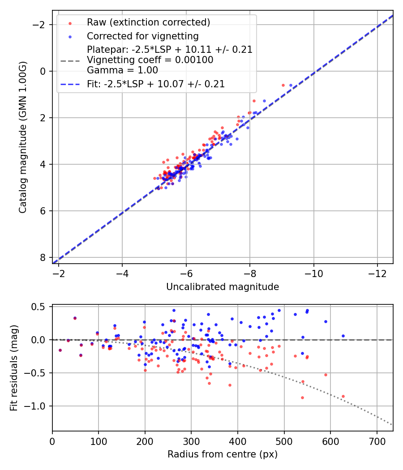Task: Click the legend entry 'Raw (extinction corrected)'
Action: tap(148, 22)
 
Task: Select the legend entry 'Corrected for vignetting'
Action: tap(142, 36)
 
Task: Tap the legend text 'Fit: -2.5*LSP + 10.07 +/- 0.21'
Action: tap(155, 84)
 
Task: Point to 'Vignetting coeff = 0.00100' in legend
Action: tap(150, 60)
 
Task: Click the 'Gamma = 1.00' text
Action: tap(122, 70)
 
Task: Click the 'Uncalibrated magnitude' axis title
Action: tap(223, 287)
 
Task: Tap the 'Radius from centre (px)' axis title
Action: tap(223, 454)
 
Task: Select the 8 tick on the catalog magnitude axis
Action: tap(43, 257)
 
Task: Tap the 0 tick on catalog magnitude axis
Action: tap(43, 71)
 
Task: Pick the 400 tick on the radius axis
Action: tap(238, 441)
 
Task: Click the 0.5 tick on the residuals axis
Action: tap(41, 307)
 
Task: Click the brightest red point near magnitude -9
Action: tap(283, 85)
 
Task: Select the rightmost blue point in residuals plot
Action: tap(343, 336)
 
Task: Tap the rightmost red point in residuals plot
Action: tap(343, 396)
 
